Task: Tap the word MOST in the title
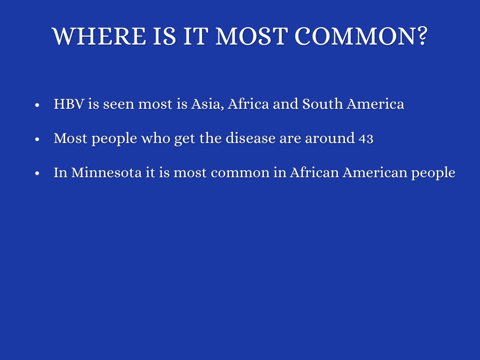click(x=252, y=37)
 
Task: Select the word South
click(x=322, y=104)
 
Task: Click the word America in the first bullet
click(x=375, y=104)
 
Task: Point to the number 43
click(x=366, y=139)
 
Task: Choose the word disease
click(x=250, y=138)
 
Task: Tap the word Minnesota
click(x=106, y=172)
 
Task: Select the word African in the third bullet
click(x=314, y=172)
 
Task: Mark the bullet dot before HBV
click(x=37, y=105)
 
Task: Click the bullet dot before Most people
click(x=37, y=139)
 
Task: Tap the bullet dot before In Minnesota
click(x=37, y=173)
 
